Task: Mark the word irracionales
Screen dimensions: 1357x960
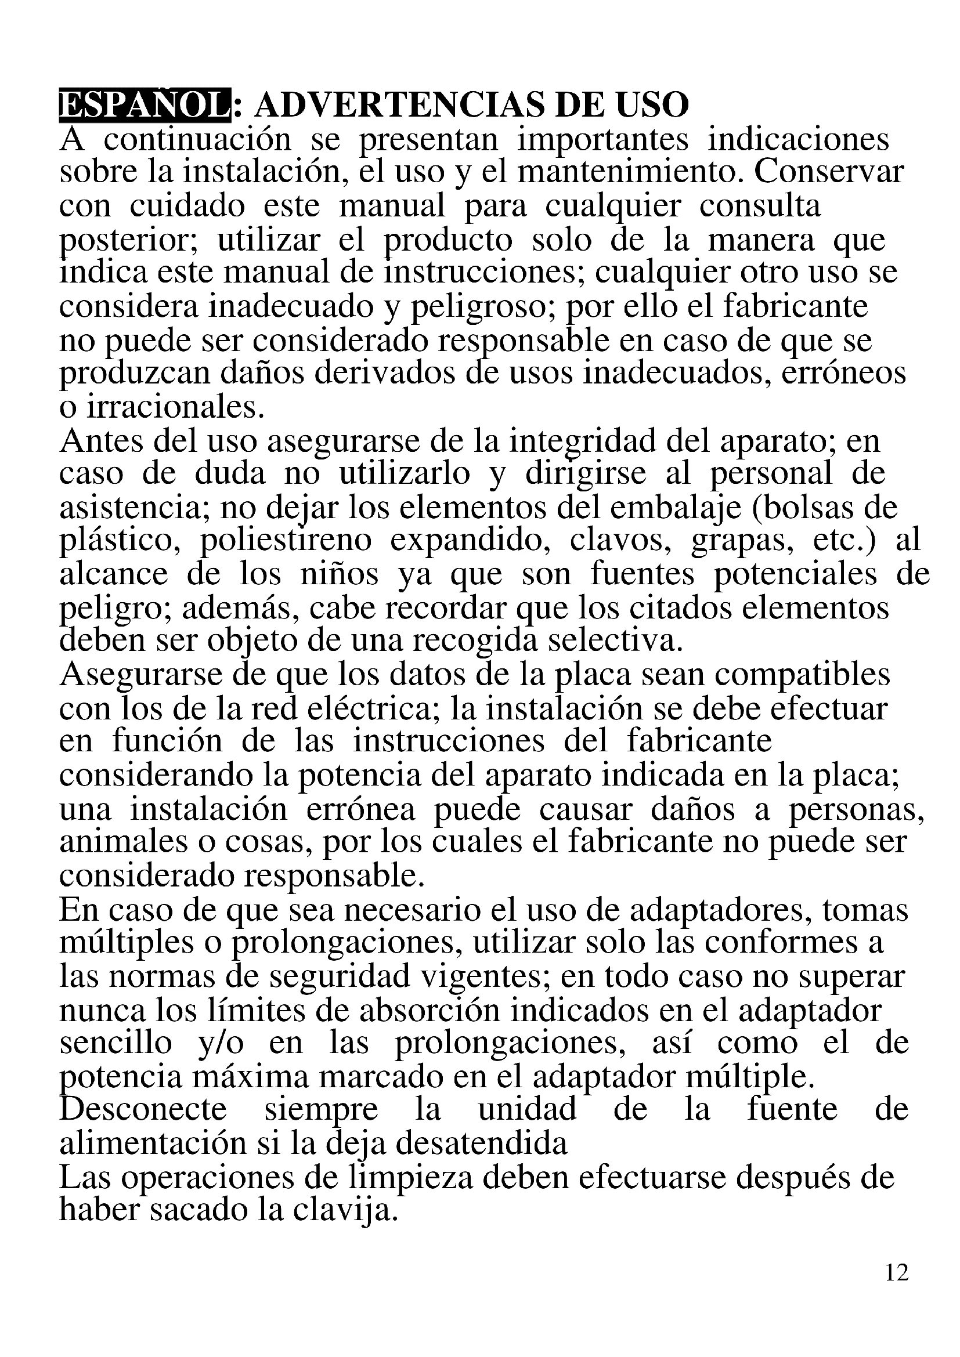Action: tap(174, 407)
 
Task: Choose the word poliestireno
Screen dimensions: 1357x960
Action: tap(286, 541)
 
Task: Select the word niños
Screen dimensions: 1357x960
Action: tap(339, 574)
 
